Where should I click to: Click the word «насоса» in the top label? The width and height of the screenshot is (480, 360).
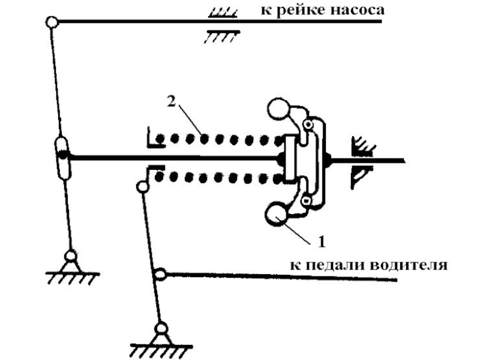tap(354, 10)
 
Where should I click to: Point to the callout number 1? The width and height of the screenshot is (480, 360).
tap(322, 242)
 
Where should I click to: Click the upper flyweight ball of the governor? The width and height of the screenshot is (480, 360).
tap(278, 110)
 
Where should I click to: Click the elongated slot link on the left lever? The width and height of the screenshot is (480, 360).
tap(62, 157)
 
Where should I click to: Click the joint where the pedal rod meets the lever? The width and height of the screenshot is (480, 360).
tap(160, 275)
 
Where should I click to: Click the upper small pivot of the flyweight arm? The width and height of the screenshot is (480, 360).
tap(308, 125)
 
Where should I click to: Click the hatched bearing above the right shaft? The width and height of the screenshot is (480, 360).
tap(361, 144)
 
